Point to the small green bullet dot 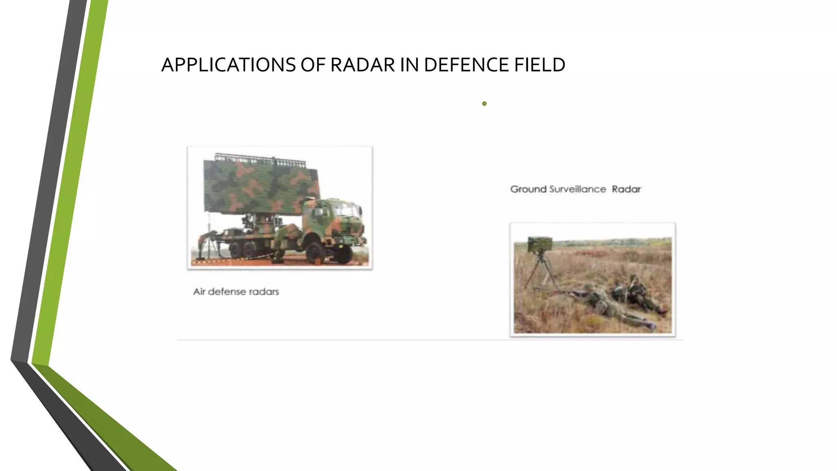484,103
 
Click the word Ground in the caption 528,189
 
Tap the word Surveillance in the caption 577,189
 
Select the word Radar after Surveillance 626,189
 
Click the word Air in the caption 199,292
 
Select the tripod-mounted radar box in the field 539,244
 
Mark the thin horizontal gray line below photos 429,340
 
